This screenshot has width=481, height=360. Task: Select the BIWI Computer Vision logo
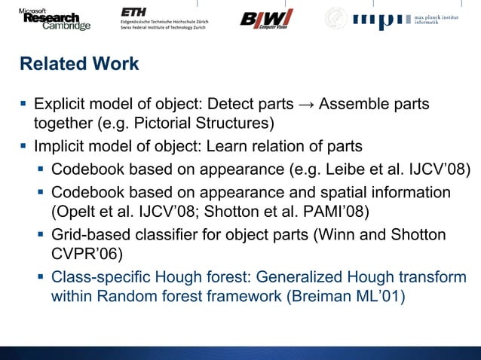266,19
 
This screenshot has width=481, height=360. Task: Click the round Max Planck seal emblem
336,19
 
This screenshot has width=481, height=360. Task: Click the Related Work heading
79,64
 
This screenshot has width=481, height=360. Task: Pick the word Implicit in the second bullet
60,145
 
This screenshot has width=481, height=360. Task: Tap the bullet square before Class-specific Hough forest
41,276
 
